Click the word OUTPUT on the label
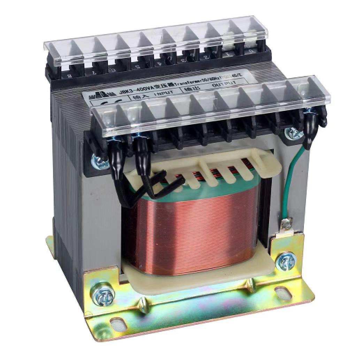(x=224, y=84)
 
